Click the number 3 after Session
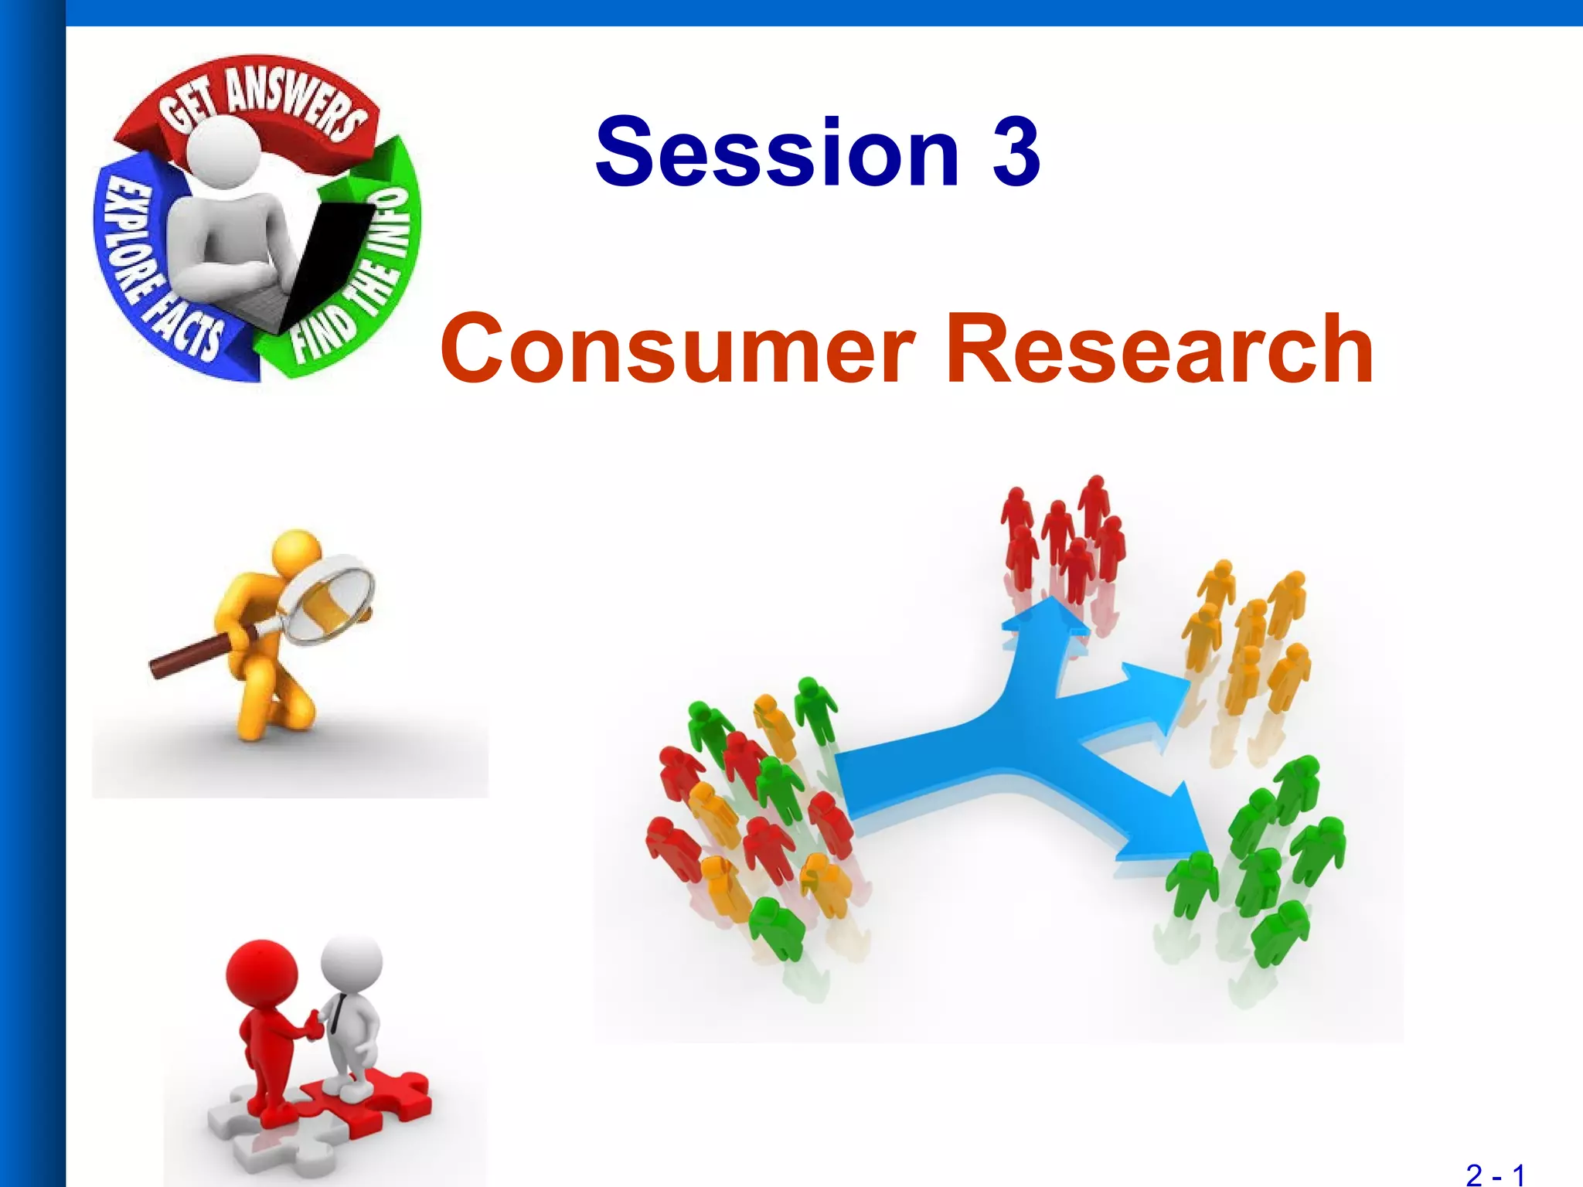coord(1016,151)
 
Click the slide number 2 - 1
coord(1495,1175)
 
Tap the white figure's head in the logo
coord(224,151)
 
